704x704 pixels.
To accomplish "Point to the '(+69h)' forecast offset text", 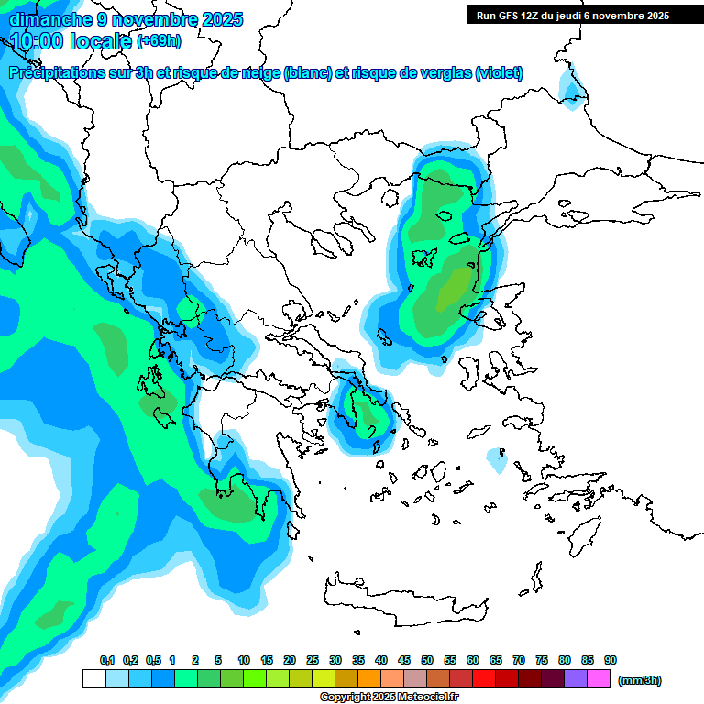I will [x=159, y=41].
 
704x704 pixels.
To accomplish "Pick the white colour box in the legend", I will [x=94, y=679].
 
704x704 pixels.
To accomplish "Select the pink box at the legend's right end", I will [x=599, y=679].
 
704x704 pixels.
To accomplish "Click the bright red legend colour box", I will [x=484, y=679].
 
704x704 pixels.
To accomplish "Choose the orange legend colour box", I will [x=369, y=679].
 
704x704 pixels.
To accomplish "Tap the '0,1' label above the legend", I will [x=107, y=661].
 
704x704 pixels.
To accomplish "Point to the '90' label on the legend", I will [x=610, y=661].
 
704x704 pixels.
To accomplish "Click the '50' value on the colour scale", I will [x=427, y=661].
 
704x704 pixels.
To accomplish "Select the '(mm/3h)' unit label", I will [x=640, y=680].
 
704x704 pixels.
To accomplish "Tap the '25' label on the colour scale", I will [x=313, y=661].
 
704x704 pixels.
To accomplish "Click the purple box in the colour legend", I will [x=576, y=679].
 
